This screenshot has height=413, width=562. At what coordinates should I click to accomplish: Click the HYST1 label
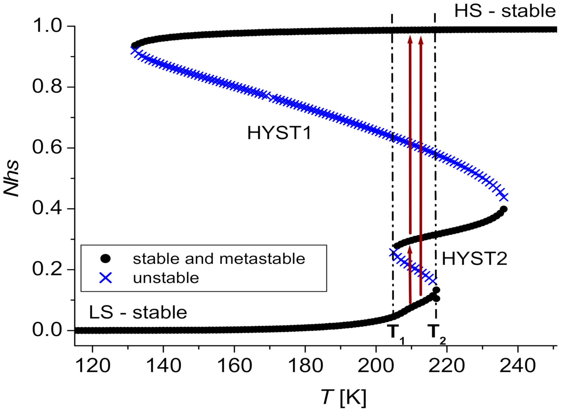pos(279,133)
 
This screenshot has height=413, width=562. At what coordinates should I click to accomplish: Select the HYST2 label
pos(474,259)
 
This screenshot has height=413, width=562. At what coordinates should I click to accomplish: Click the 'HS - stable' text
pos(505,11)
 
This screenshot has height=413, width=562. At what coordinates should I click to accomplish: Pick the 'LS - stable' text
pos(138,312)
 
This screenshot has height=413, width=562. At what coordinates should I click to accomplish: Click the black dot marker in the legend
pos(105,259)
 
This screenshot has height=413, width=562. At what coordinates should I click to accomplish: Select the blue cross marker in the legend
pos(105,278)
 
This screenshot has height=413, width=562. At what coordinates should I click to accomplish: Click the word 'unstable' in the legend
pos(166,278)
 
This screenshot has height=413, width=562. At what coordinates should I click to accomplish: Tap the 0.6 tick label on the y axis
pos(47,147)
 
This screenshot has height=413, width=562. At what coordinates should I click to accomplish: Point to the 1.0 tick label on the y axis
pos(47,26)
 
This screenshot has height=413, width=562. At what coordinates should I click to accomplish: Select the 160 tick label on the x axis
pos(234,365)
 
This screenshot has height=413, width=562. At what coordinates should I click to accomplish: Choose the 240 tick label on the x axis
pos(517,365)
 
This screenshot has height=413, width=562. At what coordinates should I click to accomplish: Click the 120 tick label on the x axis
pos(93,365)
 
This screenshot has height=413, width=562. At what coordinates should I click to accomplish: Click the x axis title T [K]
pos(344,397)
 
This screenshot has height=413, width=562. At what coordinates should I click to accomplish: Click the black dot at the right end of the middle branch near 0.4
pos(503,209)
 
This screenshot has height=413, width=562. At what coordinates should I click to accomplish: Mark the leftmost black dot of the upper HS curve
pos(134,45)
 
